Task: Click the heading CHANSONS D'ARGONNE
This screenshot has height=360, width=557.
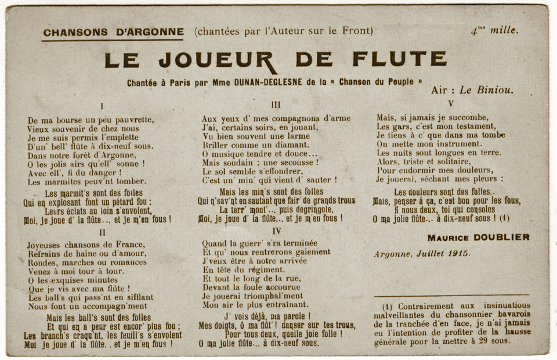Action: click(113, 32)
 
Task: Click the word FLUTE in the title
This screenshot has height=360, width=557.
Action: click(400, 59)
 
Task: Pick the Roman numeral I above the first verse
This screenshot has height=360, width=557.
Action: click(102, 106)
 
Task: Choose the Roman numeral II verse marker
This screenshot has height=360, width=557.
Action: click(102, 232)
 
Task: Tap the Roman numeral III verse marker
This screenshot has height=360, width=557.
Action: click(276, 105)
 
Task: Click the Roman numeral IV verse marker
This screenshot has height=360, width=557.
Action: click(276, 231)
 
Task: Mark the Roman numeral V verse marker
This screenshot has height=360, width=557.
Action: click(451, 104)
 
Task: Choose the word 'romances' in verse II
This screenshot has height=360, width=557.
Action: click(126, 262)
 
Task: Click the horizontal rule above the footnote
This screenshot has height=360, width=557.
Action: click(451, 295)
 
